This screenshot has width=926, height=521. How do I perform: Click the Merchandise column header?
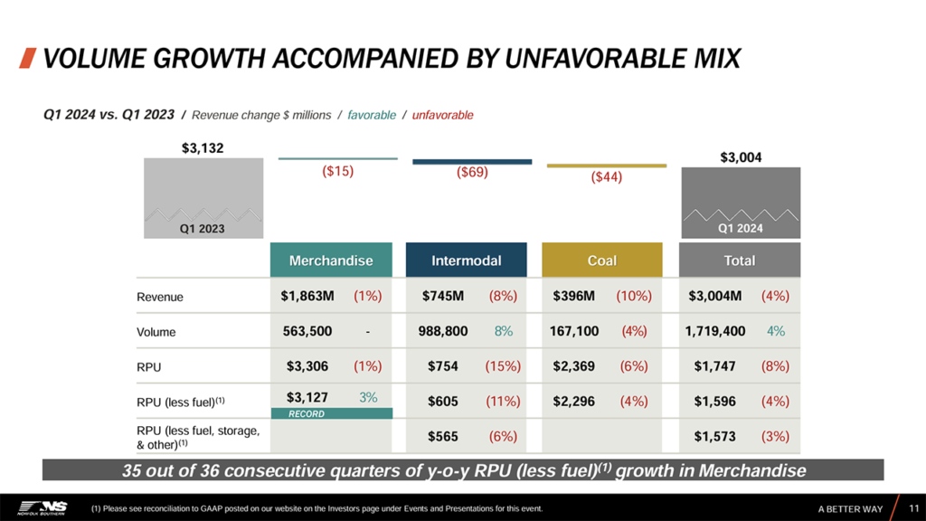pyautogui.click(x=331, y=260)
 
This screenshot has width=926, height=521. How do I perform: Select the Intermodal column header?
pyautogui.click(x=466, y=260)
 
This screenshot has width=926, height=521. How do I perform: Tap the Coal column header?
pyautogui.click(x=601, y=260)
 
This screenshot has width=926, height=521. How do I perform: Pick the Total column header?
pyautogui.click(x=739, y=260)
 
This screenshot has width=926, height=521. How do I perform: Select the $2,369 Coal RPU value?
pyautogui.click(x=576, y=366)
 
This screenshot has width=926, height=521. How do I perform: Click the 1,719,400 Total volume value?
pyautogui.click(x=714, y=331)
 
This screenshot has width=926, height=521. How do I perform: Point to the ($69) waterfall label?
pyautogui.click(x=472, y=172)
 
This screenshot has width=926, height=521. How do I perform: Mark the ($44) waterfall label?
pyautogui.click(x=606, y=178)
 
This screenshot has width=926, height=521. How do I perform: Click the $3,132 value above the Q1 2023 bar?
pyautogui.click(x=203, y=147)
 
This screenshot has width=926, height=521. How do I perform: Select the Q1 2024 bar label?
pyautogui.click(x=740, y=228)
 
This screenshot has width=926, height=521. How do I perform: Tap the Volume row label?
pyautogui.click(x=156, y=332)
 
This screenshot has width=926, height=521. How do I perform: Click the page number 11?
pyautogui.click(x=913, y=508)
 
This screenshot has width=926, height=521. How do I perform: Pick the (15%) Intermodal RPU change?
pyautogui.click(x=503, y=366)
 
